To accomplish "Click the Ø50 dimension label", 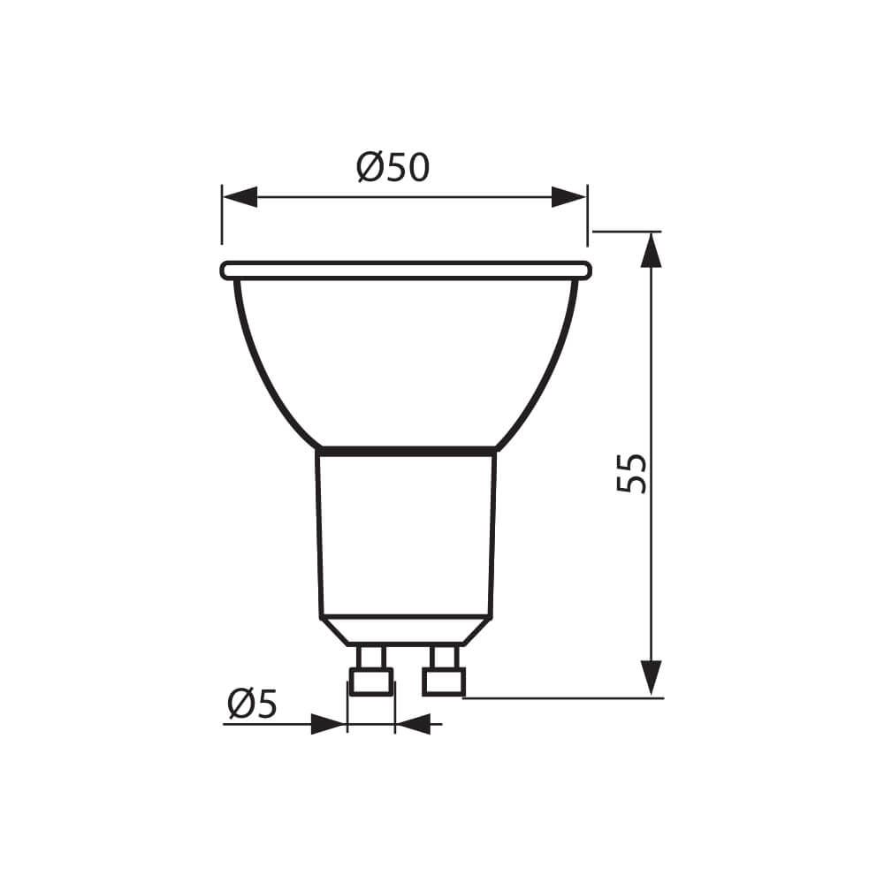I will click(x=393, y=167).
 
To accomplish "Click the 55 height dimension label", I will click(x=632, y=474).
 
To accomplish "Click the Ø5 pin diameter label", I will click(x=252, y=704).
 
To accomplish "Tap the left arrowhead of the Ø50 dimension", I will click(x=240, y=197).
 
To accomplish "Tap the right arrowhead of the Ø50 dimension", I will click(x=568, y=197).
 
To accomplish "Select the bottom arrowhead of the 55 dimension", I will click(x=652, y=677).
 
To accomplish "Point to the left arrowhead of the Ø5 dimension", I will click(x=328, y=725).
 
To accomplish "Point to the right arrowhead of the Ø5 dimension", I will click(x=413, y=725).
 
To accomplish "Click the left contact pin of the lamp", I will click(x=371, y=672).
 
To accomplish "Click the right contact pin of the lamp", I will click(x=443, y=672).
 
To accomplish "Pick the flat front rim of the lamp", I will click(x=406, y=271).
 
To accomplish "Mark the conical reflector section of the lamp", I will click(x=406, y=362).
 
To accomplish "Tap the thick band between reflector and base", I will click(x=406, y=452).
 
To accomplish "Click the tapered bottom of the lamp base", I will click(x=406, y=630).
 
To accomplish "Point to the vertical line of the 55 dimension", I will click(x=652, y=371).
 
